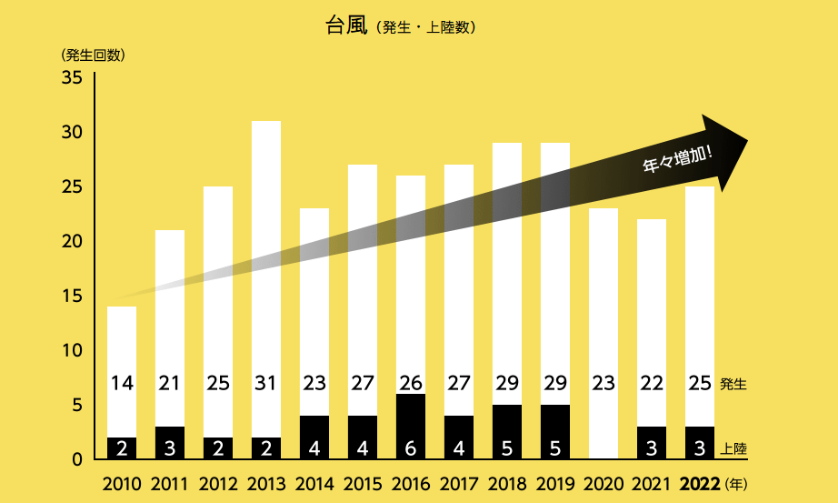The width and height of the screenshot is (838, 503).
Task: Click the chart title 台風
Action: point(345,26)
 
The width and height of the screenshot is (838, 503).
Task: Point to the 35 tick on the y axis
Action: point(73,78)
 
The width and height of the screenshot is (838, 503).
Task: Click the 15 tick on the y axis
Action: point(73,297)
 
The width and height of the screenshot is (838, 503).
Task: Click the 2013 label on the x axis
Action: point(266,483)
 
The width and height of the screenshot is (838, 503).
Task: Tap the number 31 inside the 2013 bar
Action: point(266,384)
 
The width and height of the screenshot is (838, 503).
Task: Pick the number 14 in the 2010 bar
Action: point(122,384)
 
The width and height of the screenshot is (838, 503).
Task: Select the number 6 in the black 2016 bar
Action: point(411,448)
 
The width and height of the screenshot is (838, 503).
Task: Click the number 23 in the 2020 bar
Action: point(603,384)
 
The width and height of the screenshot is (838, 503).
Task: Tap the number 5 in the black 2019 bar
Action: point(554,448)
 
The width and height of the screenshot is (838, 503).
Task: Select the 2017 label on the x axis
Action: point(459,483)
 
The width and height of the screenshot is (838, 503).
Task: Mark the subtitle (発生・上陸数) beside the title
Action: point(424,28)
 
